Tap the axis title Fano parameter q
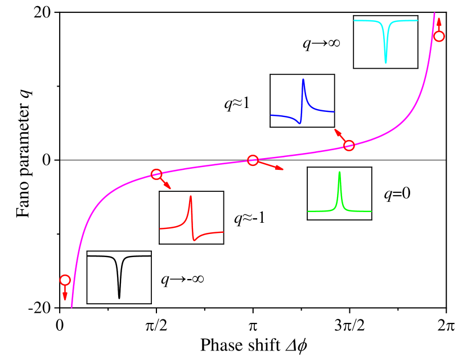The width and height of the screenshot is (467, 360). tap(21, 160)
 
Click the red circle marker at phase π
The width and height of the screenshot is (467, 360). tap(253, 160)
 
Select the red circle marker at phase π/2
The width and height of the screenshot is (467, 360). tap(156, 174)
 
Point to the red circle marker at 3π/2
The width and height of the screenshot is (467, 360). tap(349, 146)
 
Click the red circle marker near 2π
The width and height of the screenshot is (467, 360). tap(439, 36)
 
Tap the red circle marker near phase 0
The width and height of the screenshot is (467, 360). tap(65, 280)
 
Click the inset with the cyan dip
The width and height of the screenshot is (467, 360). tap(385, 42)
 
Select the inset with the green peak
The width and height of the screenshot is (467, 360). tap(339, 193)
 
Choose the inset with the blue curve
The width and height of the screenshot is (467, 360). tap(302, 101)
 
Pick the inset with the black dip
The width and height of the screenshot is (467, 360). tap(119, 277)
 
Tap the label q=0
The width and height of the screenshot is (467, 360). tap(397, 194)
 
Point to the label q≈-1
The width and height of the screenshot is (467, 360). tap(249, 217)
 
